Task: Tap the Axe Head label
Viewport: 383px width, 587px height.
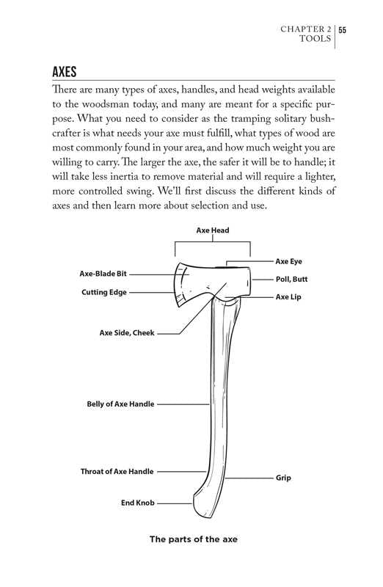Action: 213,230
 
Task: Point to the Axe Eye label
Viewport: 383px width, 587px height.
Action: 288,261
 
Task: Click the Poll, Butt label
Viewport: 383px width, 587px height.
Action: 291,280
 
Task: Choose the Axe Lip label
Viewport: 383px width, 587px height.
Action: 288,297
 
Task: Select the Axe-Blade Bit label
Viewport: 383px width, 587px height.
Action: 103,274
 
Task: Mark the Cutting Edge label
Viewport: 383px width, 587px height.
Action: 104,292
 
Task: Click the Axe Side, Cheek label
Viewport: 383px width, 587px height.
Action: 127,333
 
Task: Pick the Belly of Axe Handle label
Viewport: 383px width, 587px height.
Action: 120,404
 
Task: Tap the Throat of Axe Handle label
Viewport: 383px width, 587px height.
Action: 117,471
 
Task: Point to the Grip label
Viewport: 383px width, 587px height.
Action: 283,478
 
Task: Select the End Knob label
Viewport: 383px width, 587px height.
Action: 138,503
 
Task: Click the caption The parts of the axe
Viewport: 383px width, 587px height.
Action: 194,539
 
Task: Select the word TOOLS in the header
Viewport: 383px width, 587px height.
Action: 315,39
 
